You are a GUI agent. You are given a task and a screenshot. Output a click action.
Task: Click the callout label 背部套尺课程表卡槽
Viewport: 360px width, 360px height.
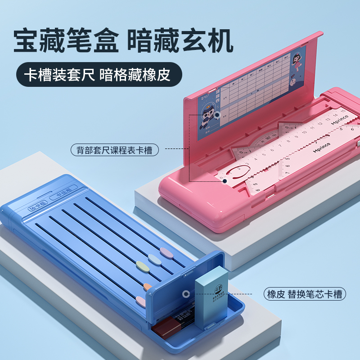pyautogui.click(x=115, y=149)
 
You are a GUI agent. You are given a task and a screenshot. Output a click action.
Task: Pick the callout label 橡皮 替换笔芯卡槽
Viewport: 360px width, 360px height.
pyautogui.click(x=304, y=295)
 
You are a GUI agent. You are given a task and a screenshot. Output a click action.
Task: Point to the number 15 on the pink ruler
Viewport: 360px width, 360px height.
pyautogui.click(x=343, y=110)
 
